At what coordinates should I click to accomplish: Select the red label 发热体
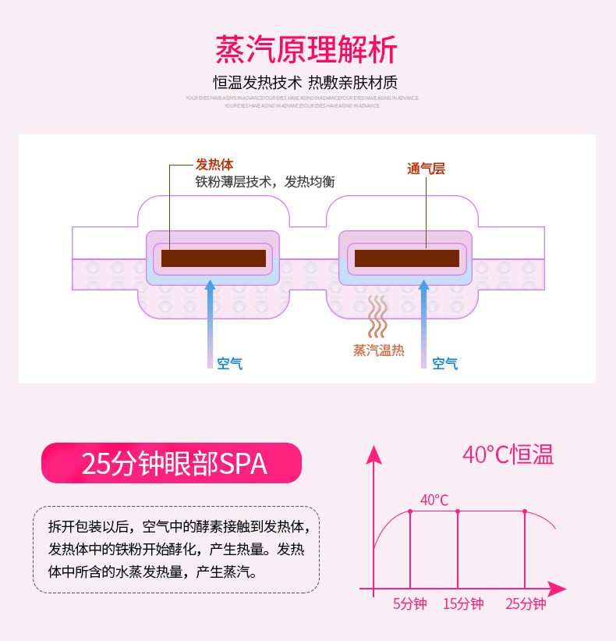click(x=214, y=165)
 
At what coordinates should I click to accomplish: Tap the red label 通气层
click(x=426, y=168)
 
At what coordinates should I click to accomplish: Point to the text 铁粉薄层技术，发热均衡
click(x=264, y=182)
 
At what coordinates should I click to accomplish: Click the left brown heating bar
click(x=213, y=258)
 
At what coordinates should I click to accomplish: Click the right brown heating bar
click(x=406, y=258)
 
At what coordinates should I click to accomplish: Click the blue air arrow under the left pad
click(x=210, y=320)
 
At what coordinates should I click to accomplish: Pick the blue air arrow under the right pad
click(x=423, y=320)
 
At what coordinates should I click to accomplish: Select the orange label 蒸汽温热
click(x=379, y=351)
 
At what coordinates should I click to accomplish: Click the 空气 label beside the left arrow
click(x=230, y=363)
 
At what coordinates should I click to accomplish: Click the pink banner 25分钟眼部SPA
click(x=172, y=464)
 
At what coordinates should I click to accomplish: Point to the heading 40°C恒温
click(x=508, y=454)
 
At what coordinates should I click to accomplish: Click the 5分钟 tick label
click(x=409, y=604)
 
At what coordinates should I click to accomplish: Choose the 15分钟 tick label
click(x=463, y=604)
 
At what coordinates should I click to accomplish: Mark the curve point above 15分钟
click(x=458, y=511)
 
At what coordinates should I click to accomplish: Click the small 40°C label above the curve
click(x=434, y=500)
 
